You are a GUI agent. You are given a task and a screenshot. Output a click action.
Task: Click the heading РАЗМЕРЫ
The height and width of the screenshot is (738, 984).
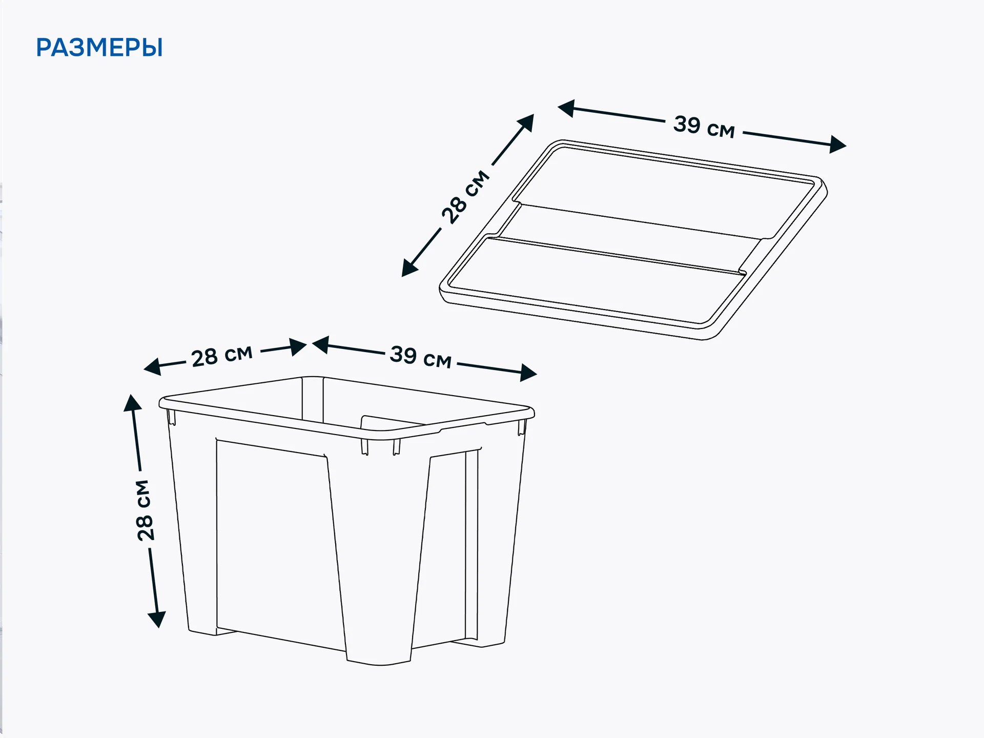click(99, 48)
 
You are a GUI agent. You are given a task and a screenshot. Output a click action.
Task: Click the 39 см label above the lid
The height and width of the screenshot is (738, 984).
click(704, 127)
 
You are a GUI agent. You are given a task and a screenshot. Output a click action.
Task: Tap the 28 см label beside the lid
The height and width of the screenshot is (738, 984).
click(465, 197)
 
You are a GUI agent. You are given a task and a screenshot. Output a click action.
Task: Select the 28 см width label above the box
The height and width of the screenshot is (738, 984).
click(222, 356)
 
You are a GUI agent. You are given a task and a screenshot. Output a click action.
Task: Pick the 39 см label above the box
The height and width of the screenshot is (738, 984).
click(421, 357)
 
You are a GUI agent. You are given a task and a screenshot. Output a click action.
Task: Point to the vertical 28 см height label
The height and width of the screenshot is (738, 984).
click(145, 510)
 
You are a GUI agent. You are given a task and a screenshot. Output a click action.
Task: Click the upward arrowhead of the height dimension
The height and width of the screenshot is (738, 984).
click(132, 403)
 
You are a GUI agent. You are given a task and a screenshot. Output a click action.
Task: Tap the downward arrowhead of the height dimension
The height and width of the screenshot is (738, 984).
click(157, 619)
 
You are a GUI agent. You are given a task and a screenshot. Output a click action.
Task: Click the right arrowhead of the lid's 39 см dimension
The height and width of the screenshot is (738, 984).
click(837, 145)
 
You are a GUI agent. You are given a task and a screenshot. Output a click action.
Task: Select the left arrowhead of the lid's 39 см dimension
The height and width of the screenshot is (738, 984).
click(566, 108)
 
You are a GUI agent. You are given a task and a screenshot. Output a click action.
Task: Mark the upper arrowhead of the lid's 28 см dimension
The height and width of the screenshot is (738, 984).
click(526, 123)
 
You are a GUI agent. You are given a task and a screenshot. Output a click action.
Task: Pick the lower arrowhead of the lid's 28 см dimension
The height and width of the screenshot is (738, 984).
click(409, 268)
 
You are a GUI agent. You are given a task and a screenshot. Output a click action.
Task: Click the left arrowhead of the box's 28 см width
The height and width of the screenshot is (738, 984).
click(152, 367)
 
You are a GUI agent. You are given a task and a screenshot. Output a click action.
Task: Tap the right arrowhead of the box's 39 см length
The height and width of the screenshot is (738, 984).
click(528, 373)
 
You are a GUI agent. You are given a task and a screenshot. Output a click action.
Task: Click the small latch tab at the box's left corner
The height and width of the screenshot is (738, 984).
click(172, 417)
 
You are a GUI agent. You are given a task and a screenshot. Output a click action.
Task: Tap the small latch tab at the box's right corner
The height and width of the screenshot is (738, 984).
click(522, 427)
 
